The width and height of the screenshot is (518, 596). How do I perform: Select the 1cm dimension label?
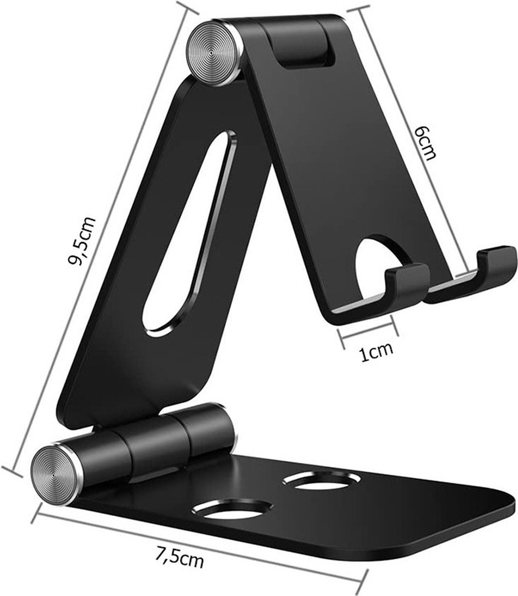(x=376, y=352)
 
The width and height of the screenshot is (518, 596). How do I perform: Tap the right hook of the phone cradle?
(x=494, y=263)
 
